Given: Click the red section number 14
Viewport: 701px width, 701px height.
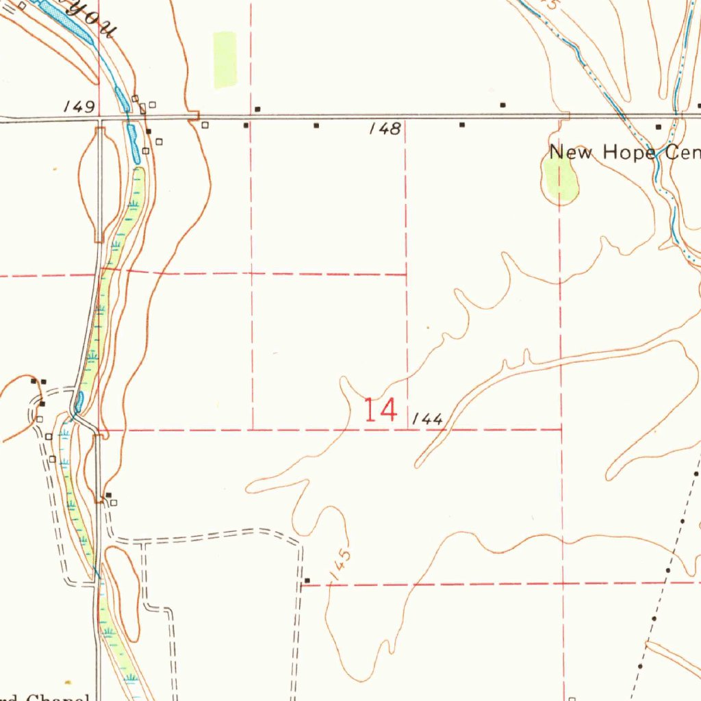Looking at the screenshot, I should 381,410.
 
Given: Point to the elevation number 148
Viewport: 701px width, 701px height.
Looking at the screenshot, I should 385,128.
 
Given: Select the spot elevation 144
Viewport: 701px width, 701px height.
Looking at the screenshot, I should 429,420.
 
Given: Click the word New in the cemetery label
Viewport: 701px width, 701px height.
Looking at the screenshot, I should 573,152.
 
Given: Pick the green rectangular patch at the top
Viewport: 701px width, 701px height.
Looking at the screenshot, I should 225,60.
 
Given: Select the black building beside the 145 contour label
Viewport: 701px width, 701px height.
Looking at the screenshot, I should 307,581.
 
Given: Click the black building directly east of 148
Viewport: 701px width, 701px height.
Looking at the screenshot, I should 462,125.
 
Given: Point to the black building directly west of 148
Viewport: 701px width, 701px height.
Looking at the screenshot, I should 316,125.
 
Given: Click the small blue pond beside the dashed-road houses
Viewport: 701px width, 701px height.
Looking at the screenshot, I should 79,402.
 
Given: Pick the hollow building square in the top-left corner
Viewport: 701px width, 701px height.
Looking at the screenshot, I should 22,5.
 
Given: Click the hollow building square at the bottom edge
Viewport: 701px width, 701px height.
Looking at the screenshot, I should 572,700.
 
